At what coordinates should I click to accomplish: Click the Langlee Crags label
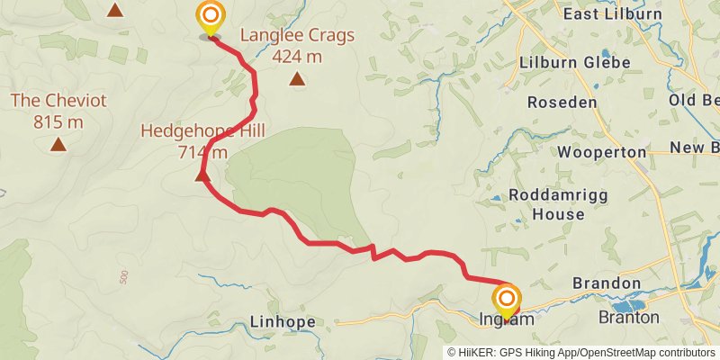297,36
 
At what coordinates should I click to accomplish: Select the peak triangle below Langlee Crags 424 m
297,79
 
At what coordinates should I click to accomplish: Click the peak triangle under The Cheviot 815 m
58,144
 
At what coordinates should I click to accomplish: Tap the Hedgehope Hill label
202,130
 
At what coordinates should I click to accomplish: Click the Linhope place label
282,322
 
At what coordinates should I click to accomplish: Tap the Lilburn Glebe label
574,63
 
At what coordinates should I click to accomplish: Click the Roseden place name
562,103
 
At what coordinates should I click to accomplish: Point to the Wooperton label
601,152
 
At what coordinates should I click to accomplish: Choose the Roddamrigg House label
546,204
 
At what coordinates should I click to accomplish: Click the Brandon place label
607,283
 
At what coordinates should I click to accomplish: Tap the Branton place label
629,317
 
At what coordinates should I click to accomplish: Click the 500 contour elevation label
123,276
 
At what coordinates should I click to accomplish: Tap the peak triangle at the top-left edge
114,10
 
